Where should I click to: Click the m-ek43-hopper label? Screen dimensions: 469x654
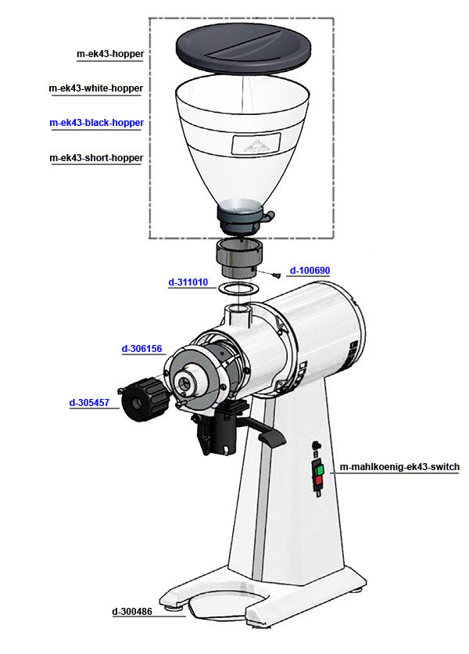click(x=110, y=54)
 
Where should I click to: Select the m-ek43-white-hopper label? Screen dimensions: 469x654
click(x=96, y=88)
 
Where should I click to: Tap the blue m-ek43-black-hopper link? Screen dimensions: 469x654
click(x=97, y=123)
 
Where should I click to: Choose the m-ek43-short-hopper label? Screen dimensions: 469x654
click(x=96, y=158)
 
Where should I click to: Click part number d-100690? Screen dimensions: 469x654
click(x=310, y=270)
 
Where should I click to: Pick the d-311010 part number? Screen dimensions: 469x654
click(x=188, y=282)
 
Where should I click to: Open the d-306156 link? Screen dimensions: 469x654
click(x=141, y=349)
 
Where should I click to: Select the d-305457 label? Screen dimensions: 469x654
click(x=89, y=403)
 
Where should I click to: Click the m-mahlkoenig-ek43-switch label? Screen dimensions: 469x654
click(x=399, y=467)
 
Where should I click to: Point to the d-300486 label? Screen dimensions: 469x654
click(x=132, y=612)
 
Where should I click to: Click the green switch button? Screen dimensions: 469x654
click(x=320, y=470)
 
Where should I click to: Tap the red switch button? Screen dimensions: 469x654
click(x=318, y=481)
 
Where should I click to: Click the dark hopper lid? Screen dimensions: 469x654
click(x=243, y=48)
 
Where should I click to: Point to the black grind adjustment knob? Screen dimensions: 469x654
click(x=145, y=399)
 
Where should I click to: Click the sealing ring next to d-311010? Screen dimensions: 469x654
click(x=238, y=288)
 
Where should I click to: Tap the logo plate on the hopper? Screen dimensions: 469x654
click(x=256, y=143)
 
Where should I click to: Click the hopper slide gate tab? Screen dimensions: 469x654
click(x=270, y=215)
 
